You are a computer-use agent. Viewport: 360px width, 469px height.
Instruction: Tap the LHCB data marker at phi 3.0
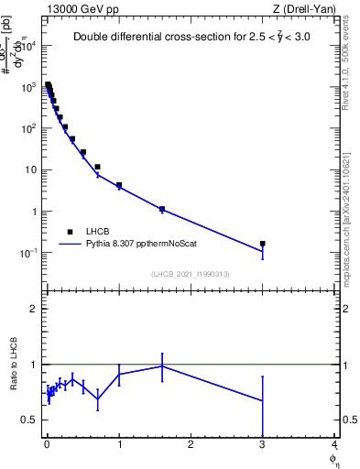click(263, 244)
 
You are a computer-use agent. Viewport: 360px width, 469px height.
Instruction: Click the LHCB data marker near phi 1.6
click(162, 209)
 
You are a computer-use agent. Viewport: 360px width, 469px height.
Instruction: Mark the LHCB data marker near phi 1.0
click(119, 185)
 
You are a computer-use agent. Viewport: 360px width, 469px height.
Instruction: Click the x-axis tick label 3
click(263, 446)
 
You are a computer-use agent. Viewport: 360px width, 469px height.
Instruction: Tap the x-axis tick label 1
click(119, 446)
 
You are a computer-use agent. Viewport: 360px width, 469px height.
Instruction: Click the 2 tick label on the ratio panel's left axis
click(32, 309)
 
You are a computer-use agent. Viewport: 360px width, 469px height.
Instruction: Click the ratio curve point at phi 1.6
click(162, 365)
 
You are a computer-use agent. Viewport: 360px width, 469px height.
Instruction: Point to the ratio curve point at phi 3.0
click(263, 400)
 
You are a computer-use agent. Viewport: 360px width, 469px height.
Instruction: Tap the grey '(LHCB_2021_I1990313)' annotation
click(190, 275)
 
